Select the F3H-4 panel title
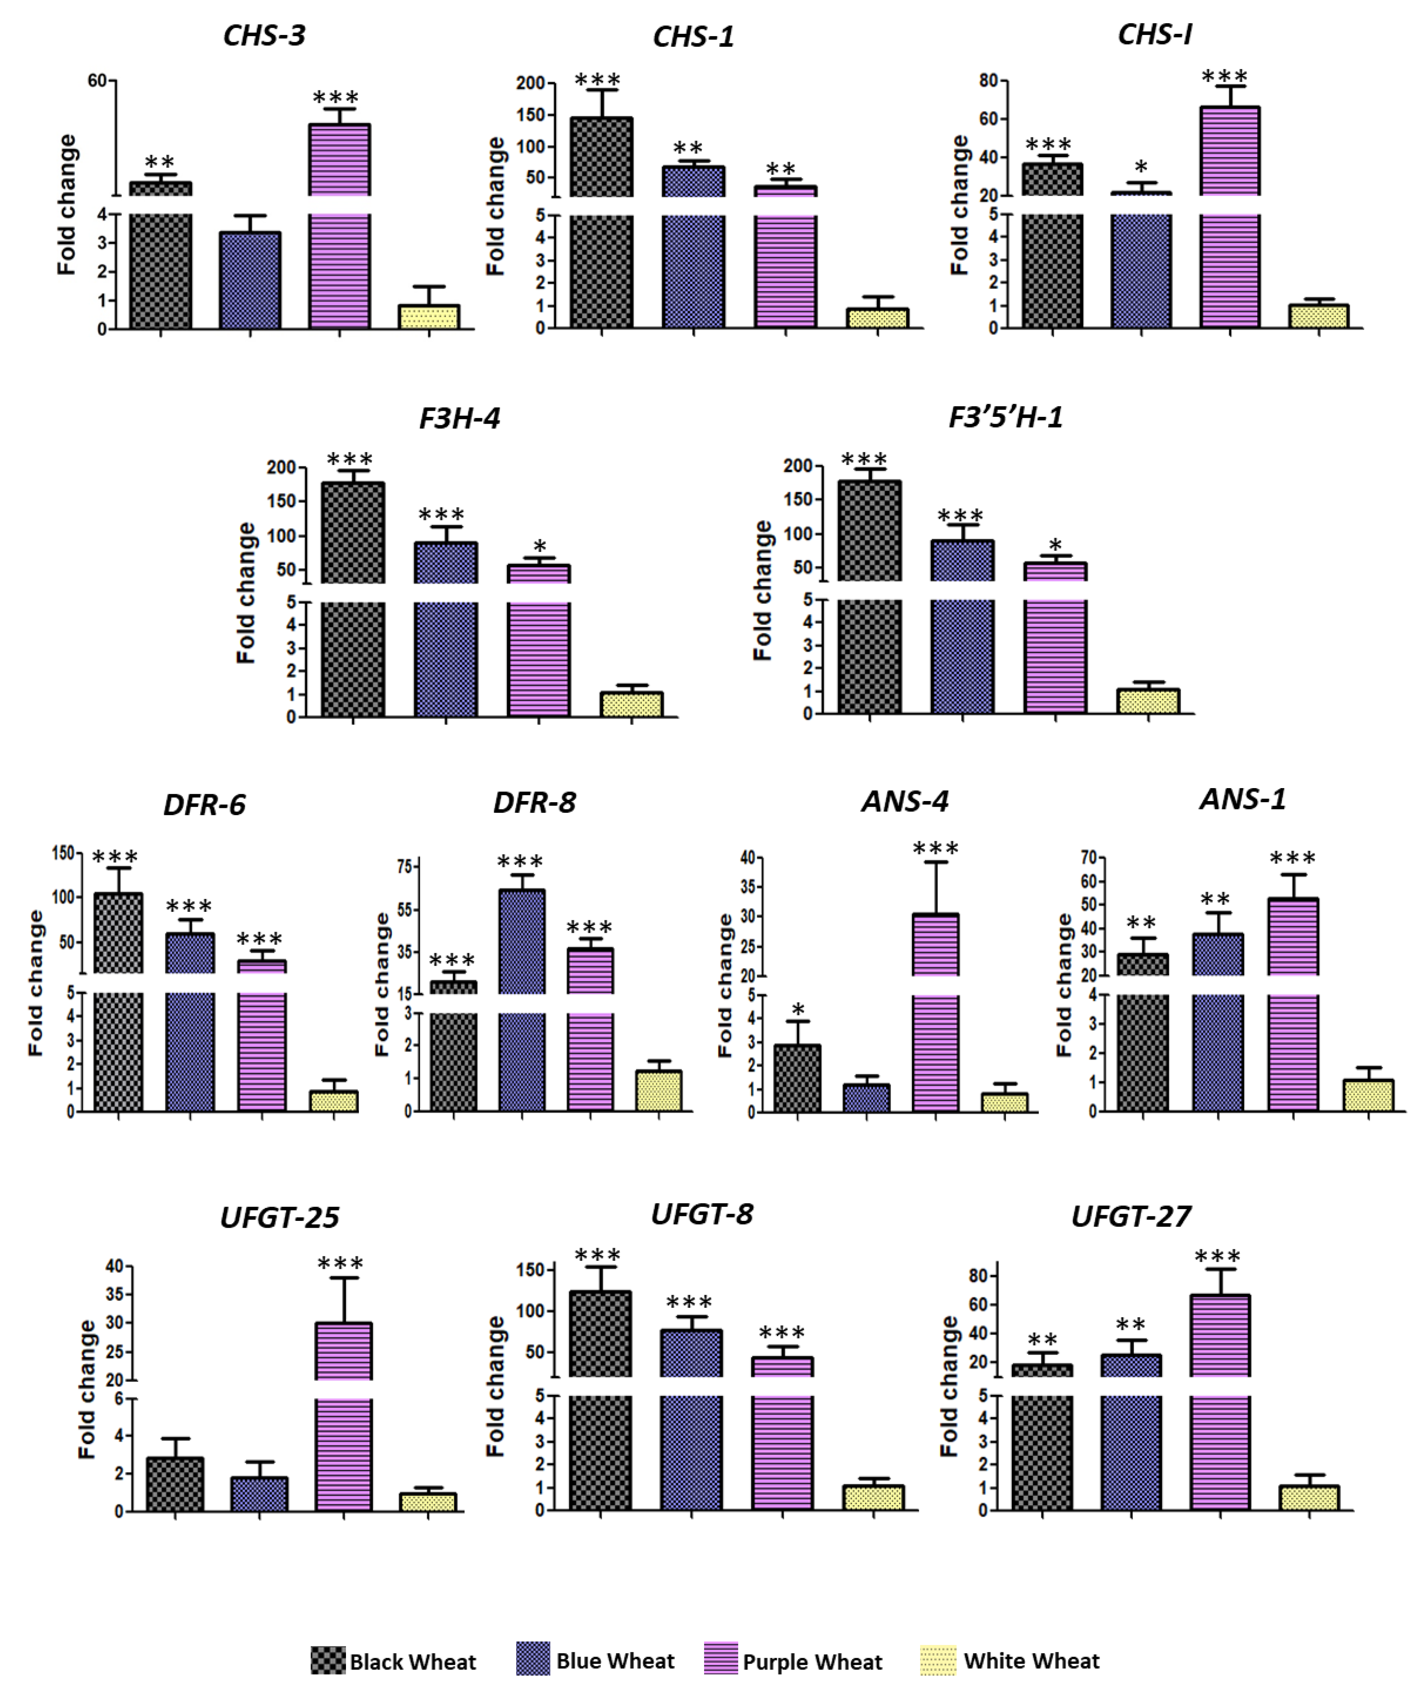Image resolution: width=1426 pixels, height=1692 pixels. (x=459, y=418)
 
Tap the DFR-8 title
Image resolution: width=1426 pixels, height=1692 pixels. (x=535, y=802)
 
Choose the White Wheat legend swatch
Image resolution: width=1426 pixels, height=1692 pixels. (x=938, y=1660)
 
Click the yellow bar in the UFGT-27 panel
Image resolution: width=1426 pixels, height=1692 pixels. (x=1309, y=1497)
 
